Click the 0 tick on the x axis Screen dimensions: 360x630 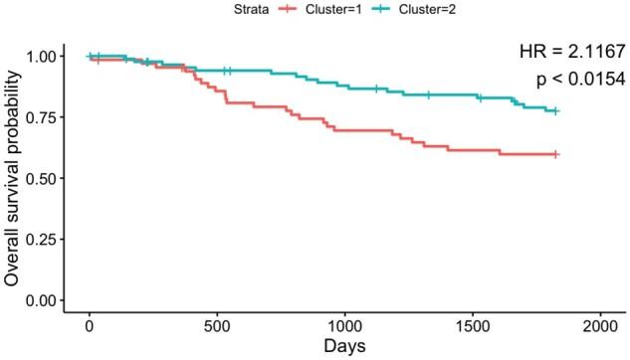pyautogui.click(x=90, y=327)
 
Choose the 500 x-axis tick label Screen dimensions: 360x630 pyautogui.click(x=217, y=327)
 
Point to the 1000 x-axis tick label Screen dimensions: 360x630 pyautogui.click(x=344, y=327)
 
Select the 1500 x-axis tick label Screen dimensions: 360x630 pyautogui.click(x=473, y=327)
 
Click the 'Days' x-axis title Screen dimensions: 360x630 pyautogui.click(x=344, y=347)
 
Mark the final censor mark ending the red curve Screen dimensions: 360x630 pyautogui.click(x=555, y=154)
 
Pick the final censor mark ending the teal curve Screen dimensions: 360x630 pyautogui.click(x=555, y=111)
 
